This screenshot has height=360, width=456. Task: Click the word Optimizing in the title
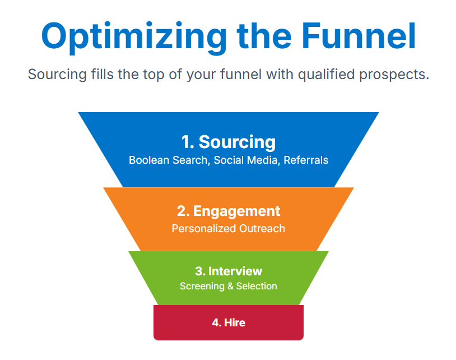pos(134,37)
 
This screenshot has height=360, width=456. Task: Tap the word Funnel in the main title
pos(359,36)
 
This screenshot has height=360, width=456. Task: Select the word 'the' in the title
pos(264,36)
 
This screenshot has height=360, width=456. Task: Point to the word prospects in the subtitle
pos(394,75)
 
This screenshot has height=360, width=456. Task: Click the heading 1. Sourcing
pos(229,142)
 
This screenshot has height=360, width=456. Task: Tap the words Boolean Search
pos(168,160)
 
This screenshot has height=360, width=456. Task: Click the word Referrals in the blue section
pos(306,160)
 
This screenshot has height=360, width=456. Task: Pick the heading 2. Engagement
pos(229,211)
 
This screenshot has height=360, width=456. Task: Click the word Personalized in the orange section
pos(203,228)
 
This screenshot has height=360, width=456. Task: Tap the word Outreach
pos(262,228)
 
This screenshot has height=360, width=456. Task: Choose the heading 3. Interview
pos(229,271)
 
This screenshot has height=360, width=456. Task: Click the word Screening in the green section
pos(202,286)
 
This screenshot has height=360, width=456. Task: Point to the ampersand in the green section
pos(230,286)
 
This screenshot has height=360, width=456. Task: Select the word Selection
pos(257,286)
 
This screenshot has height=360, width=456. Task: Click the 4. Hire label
pos(229,322)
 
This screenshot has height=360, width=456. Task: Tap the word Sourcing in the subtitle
pos(57,75)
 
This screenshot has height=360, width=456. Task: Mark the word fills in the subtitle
pos(102,74)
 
